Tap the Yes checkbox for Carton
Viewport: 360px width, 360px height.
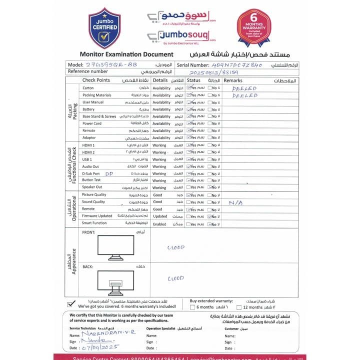tap(188, 88)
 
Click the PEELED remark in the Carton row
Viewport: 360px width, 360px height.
tap(244, 88)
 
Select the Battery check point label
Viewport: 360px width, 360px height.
tap(88, 109)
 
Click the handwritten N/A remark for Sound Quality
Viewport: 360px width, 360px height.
tap(235, 202)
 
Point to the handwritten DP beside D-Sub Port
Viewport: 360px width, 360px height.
tap(108, 173)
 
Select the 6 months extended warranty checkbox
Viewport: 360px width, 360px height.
tap(192, 307)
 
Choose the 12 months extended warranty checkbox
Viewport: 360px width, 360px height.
tap(239, 307)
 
